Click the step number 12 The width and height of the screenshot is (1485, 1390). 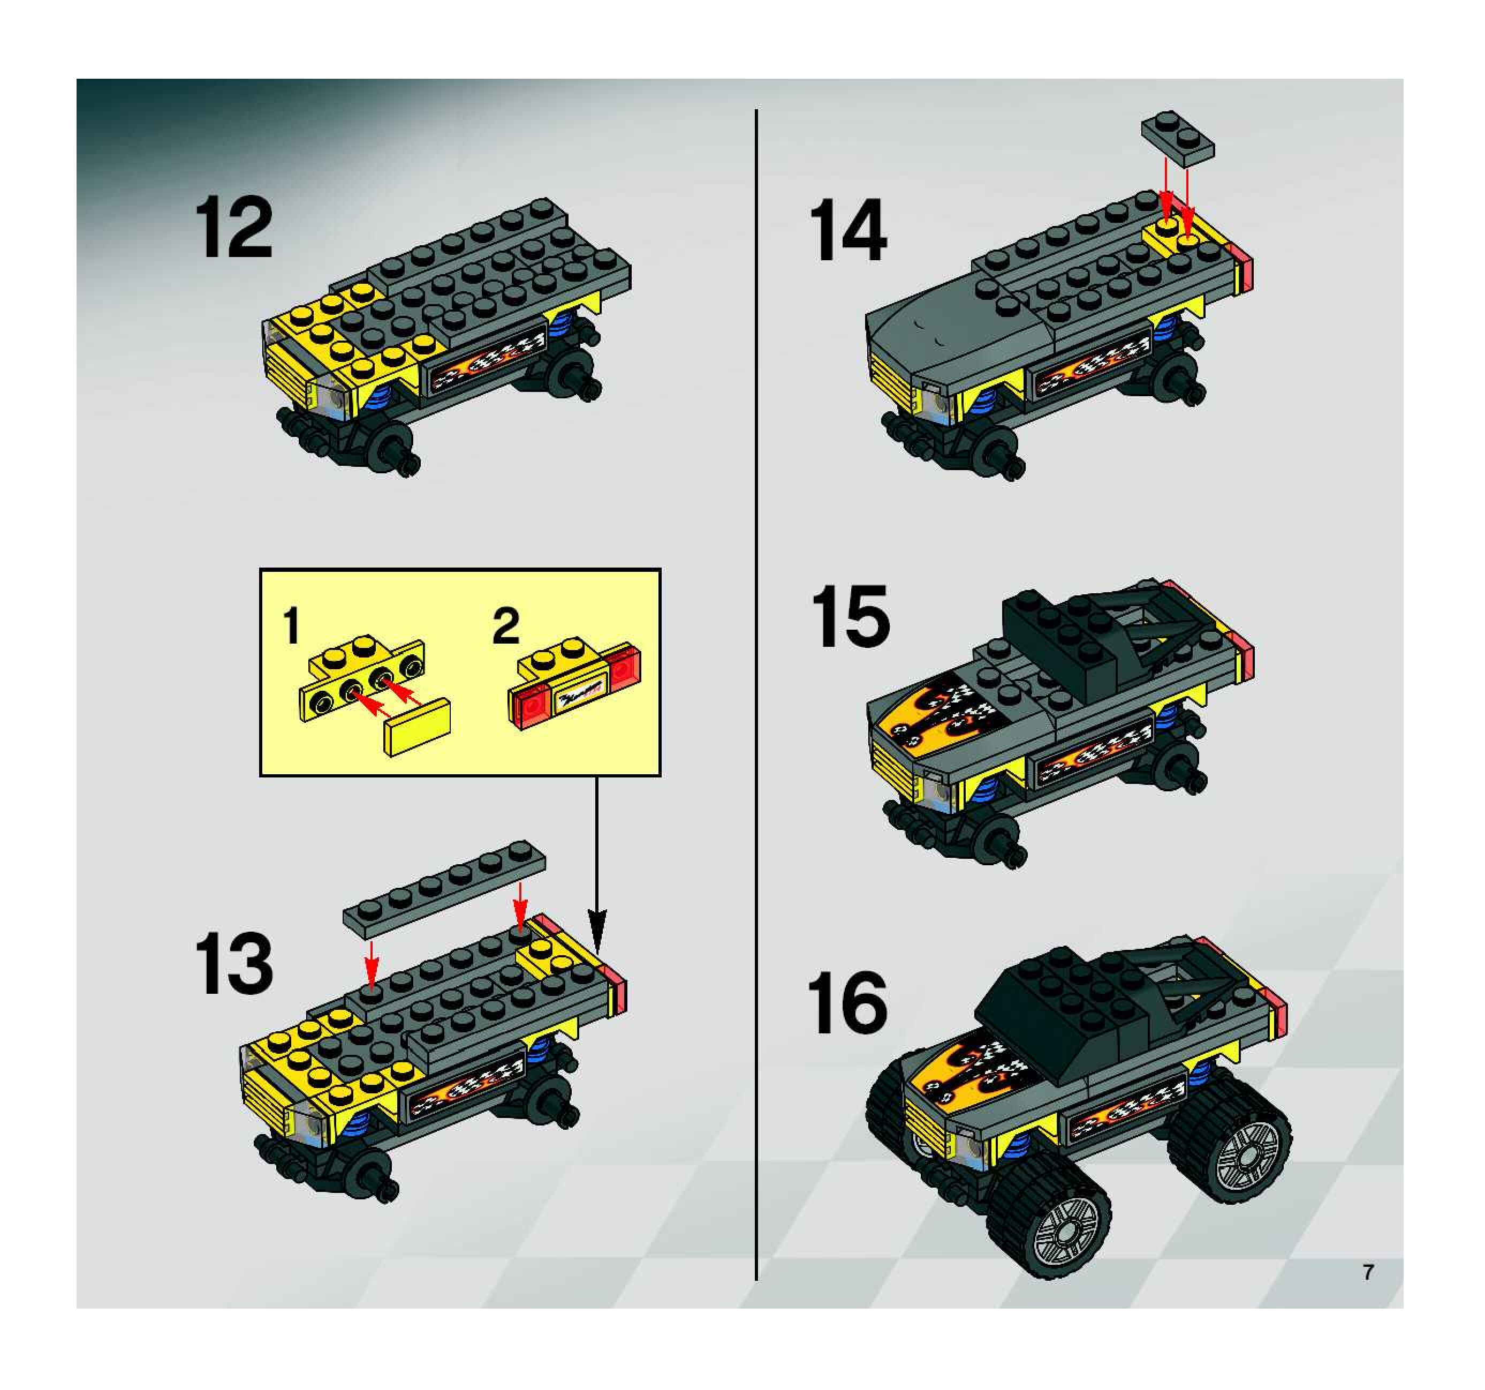234,229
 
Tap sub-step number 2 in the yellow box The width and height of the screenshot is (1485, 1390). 506,626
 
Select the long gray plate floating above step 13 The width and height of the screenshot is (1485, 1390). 444,890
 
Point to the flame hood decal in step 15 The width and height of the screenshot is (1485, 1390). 941,714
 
